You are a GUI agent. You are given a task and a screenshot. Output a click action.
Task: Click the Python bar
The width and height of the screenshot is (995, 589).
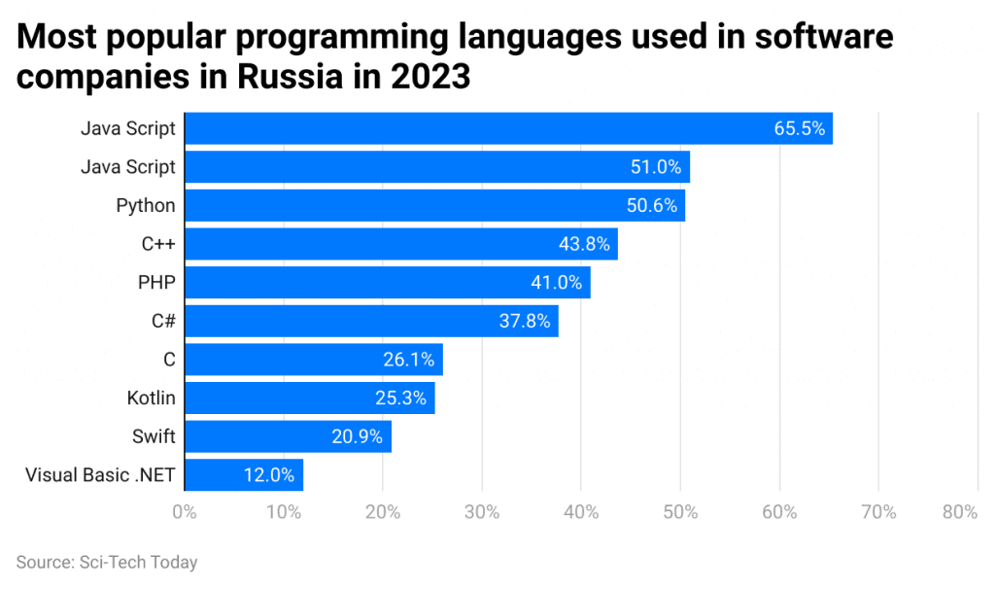click(x=434, y=205)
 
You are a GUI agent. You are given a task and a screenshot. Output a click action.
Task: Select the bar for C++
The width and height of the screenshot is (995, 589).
click(x=400, y=244)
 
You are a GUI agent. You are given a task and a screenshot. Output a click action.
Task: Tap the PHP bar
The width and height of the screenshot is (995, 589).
click(x=387, y=283)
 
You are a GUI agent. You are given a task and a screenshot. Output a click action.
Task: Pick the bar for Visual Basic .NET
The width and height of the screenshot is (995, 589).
click(x=243, y=475)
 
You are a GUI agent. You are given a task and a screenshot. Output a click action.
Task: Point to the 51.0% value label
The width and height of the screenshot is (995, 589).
click(x=656, y=167)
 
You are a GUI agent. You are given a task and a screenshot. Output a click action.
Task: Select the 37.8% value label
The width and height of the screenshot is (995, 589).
click(x=526, y=321)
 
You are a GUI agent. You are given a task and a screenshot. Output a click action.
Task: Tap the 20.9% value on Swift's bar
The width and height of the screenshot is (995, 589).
click(x=358, y=436)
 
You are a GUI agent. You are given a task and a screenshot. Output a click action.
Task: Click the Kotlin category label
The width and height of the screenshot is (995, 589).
click(x=151, y=398)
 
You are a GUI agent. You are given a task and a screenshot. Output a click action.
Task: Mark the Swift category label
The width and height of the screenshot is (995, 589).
click(x=154, y=436)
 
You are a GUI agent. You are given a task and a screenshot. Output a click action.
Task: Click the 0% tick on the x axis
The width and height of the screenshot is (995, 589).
click(x=184, y=512)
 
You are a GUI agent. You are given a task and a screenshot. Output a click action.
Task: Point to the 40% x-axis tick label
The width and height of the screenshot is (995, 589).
click(x=580, y=512)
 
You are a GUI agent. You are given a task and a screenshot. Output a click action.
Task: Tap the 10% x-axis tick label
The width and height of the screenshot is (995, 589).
click(x=283, y=512)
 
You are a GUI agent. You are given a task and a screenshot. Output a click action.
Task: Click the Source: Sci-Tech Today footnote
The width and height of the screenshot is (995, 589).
click(x=107, y=562)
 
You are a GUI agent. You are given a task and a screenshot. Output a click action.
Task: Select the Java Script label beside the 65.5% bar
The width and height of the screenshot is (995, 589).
click(x=129, y=128)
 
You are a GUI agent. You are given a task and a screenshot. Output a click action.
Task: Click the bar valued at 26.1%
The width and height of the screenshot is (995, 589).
click(x=313, y=360)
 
